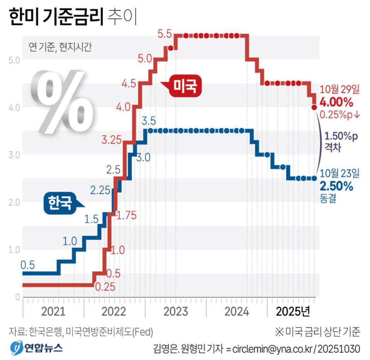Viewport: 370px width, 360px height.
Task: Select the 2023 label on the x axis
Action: tap(175, 312)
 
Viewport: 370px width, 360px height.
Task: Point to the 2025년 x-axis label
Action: tap(293, 312)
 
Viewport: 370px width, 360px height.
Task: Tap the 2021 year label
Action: tap(53, 312)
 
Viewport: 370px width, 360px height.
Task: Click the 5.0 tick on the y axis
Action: tap(14, 60)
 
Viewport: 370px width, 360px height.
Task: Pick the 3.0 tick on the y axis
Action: tap(14, 154)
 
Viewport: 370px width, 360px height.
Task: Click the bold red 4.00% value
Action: tap(336, 103)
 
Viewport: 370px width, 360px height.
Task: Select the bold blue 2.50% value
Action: tap(336, 186)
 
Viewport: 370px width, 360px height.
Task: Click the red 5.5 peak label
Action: tap(165, 34)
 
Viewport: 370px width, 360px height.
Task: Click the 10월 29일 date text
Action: tap(339, 90)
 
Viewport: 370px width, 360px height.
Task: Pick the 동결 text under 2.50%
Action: tap(328, 198)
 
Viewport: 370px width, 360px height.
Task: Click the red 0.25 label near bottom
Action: tap(105, 287)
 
